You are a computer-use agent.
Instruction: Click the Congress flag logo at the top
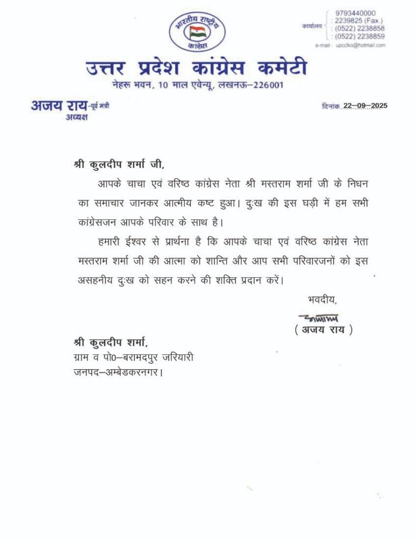[x=197, y=32]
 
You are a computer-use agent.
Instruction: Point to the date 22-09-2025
[x=365, y=105]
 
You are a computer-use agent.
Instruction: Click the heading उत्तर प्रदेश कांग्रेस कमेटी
[x=196, y=69]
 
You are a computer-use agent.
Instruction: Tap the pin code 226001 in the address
[x=270, y=85]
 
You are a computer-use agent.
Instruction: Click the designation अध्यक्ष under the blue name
[x=76, y=117]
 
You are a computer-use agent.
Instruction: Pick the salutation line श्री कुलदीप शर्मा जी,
[x=119, y=164]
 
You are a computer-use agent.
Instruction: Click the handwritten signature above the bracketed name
[x=318, y=318]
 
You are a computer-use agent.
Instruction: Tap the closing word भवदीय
[x=322, y=300]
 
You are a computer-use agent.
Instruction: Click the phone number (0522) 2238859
[x=360, y=36]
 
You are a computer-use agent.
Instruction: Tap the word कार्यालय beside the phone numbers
[x=312, y=25]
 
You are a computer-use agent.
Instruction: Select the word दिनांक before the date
[x=331, y=106]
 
